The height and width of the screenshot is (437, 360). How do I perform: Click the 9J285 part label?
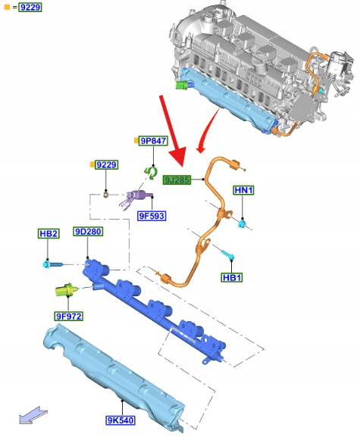coord(177,179)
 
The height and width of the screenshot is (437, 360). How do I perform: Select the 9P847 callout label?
coord(154,141)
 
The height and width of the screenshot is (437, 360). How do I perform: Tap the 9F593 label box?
coord(152,216)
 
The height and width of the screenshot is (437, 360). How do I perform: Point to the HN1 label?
coord(244,190)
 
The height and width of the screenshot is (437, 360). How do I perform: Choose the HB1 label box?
coord(232,277)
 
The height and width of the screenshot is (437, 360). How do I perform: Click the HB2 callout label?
coord(49,233)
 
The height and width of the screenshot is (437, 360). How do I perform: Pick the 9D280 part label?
coord(88,231)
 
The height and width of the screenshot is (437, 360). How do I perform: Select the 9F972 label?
coord(69,316)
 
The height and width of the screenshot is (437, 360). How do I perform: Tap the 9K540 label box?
coord(121,420)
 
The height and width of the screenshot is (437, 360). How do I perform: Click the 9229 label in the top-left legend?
coord(30,7)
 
